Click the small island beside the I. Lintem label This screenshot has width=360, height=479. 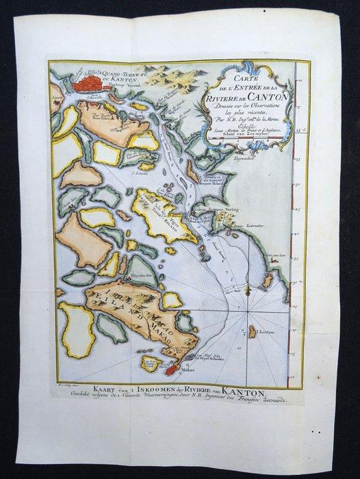(253, 331)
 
